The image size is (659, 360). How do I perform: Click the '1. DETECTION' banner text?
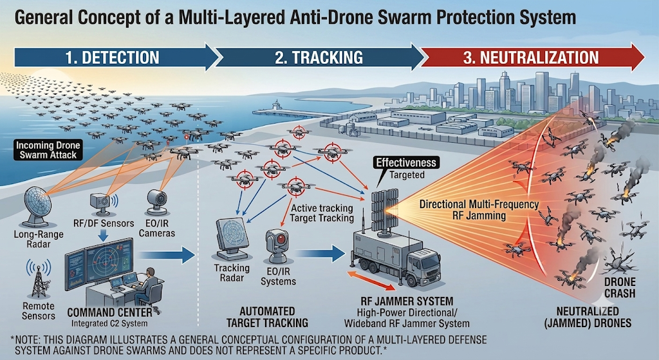point(112,57)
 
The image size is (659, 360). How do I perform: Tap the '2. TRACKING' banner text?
point(319,57)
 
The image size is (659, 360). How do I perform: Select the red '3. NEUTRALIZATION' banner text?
point(531,57)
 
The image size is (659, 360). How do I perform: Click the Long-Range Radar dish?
point(37,206)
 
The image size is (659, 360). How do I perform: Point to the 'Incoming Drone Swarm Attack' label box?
point(48,150)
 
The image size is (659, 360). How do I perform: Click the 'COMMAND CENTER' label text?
point(109,313)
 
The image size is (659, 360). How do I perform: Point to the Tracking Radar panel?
point(232,238)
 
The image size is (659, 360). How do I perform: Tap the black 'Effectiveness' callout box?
point(407,163)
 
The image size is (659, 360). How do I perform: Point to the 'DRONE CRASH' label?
point(620,288)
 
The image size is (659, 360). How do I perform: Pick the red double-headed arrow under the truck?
point(372,281)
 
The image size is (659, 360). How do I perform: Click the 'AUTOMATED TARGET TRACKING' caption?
point(267,317)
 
